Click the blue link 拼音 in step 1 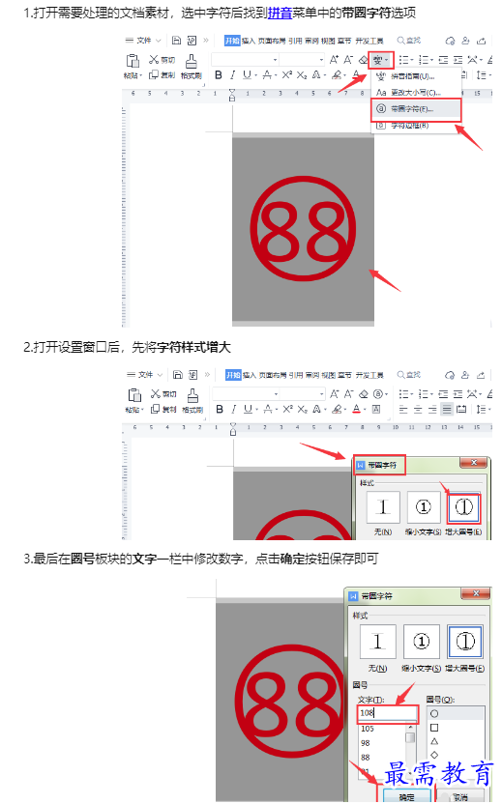point(281,13)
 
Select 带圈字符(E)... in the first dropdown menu point(412,108)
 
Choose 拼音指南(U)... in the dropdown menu point(412,76)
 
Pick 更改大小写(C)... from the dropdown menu point(412,92)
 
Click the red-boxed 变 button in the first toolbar point(379,58)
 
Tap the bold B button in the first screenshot point(219,74)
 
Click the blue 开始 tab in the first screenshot point(232,40)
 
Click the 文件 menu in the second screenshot point(146,374)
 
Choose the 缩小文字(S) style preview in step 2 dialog point(423,506)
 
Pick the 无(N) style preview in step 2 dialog point(384,506)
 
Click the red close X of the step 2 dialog point(473,465)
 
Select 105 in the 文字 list point(368,729)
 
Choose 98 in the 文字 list point(366,743)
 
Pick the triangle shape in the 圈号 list point(435,741)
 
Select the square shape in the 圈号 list point(435,727)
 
